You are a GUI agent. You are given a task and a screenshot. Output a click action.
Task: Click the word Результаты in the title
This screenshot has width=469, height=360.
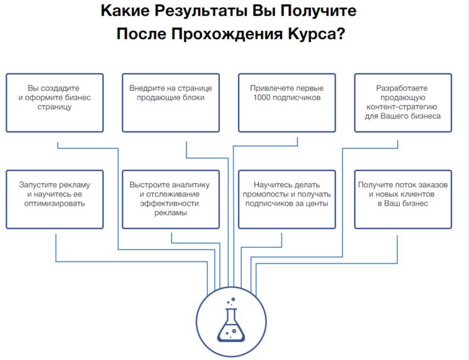tap(201, 11)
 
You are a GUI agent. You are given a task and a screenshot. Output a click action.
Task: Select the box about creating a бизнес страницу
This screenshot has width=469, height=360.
tap(55, 103)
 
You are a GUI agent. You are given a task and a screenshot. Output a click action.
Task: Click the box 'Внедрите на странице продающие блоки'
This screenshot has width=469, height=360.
tap(171, 103)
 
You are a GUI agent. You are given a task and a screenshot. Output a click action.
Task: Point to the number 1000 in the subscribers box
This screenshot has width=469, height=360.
tap(261, 97)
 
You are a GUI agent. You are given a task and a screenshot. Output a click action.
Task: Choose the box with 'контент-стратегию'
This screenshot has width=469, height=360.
tap(403, 103)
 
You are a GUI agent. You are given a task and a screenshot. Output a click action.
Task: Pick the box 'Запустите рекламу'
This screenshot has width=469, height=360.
tap(55, 200)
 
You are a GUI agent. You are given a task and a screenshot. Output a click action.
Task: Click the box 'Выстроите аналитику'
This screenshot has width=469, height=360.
tap(171, 200)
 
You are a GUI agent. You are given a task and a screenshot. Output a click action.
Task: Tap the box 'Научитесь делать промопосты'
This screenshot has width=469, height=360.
tap(287, 200)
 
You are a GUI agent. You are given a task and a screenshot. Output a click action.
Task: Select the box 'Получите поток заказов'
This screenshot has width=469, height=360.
tap(403, 200)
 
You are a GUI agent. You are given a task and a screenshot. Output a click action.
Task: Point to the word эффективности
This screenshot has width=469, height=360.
tap(170, 203)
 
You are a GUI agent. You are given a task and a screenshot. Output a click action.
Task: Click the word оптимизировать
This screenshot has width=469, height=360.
tap(55, 203)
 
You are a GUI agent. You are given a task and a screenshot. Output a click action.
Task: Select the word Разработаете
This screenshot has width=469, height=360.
tap(401, 88)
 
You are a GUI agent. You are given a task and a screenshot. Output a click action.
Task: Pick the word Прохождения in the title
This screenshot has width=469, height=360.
tap(227, 34)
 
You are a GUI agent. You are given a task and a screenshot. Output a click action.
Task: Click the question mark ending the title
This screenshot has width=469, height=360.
tap(341, 33)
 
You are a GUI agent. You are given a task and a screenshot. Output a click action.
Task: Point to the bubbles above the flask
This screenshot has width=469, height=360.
tap(231, 301)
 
